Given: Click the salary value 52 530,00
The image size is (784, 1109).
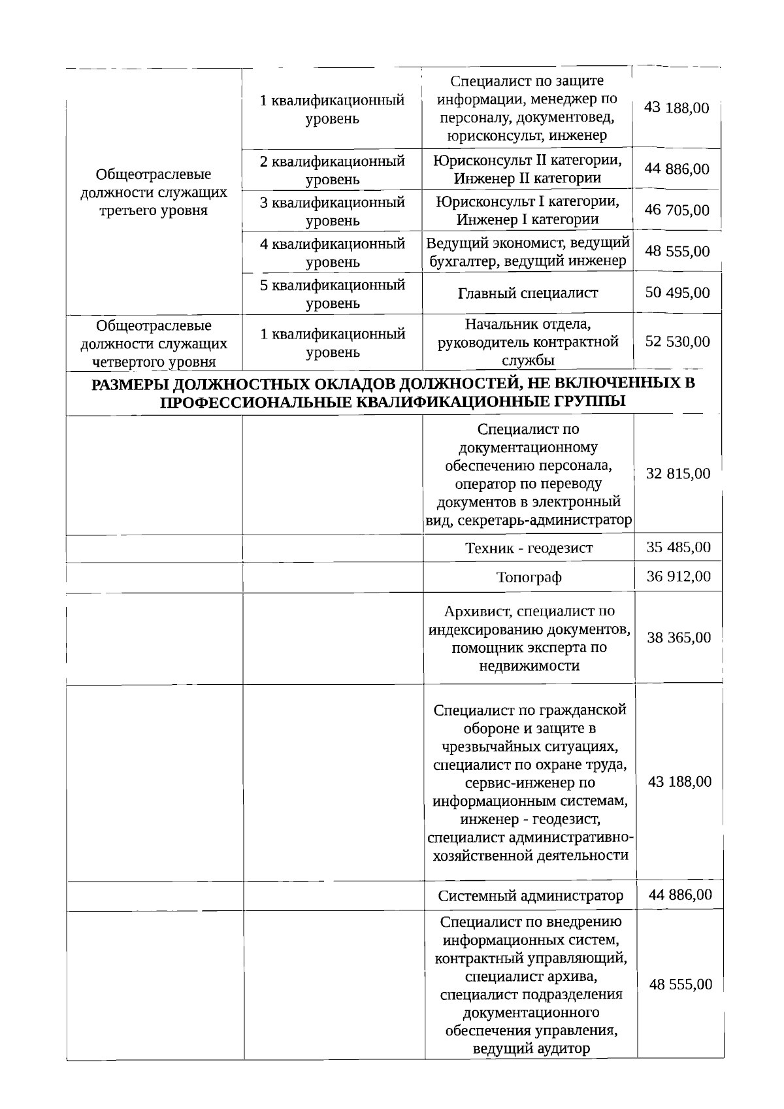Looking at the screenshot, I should tap(678, 342).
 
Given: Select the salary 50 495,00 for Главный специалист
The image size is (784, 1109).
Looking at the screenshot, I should tap(678, 292).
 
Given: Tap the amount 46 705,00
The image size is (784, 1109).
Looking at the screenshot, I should tap(677, 210).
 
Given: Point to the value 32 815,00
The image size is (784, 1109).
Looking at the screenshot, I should tap(678, 474).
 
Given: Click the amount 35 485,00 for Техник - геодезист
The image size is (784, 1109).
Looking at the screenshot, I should tap(679, 547).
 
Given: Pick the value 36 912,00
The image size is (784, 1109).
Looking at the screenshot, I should tap(679, 576).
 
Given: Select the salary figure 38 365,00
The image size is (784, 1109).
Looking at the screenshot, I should tap(679, 637).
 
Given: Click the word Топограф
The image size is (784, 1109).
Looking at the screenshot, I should tap(529, 577).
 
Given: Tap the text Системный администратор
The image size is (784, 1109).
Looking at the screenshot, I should tap(531, 895).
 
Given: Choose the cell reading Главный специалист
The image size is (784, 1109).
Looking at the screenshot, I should tap(528, 293).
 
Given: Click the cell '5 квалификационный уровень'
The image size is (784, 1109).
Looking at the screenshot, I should tap(333, 293).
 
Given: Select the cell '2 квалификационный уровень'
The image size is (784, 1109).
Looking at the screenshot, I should tap(333, 169).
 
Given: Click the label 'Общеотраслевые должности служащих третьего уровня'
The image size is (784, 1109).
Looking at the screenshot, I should tap(154, 192).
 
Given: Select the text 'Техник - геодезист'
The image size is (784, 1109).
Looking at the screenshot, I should tap(529, 548).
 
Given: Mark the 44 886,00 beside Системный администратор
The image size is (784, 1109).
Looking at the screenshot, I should tap(680, 894).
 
